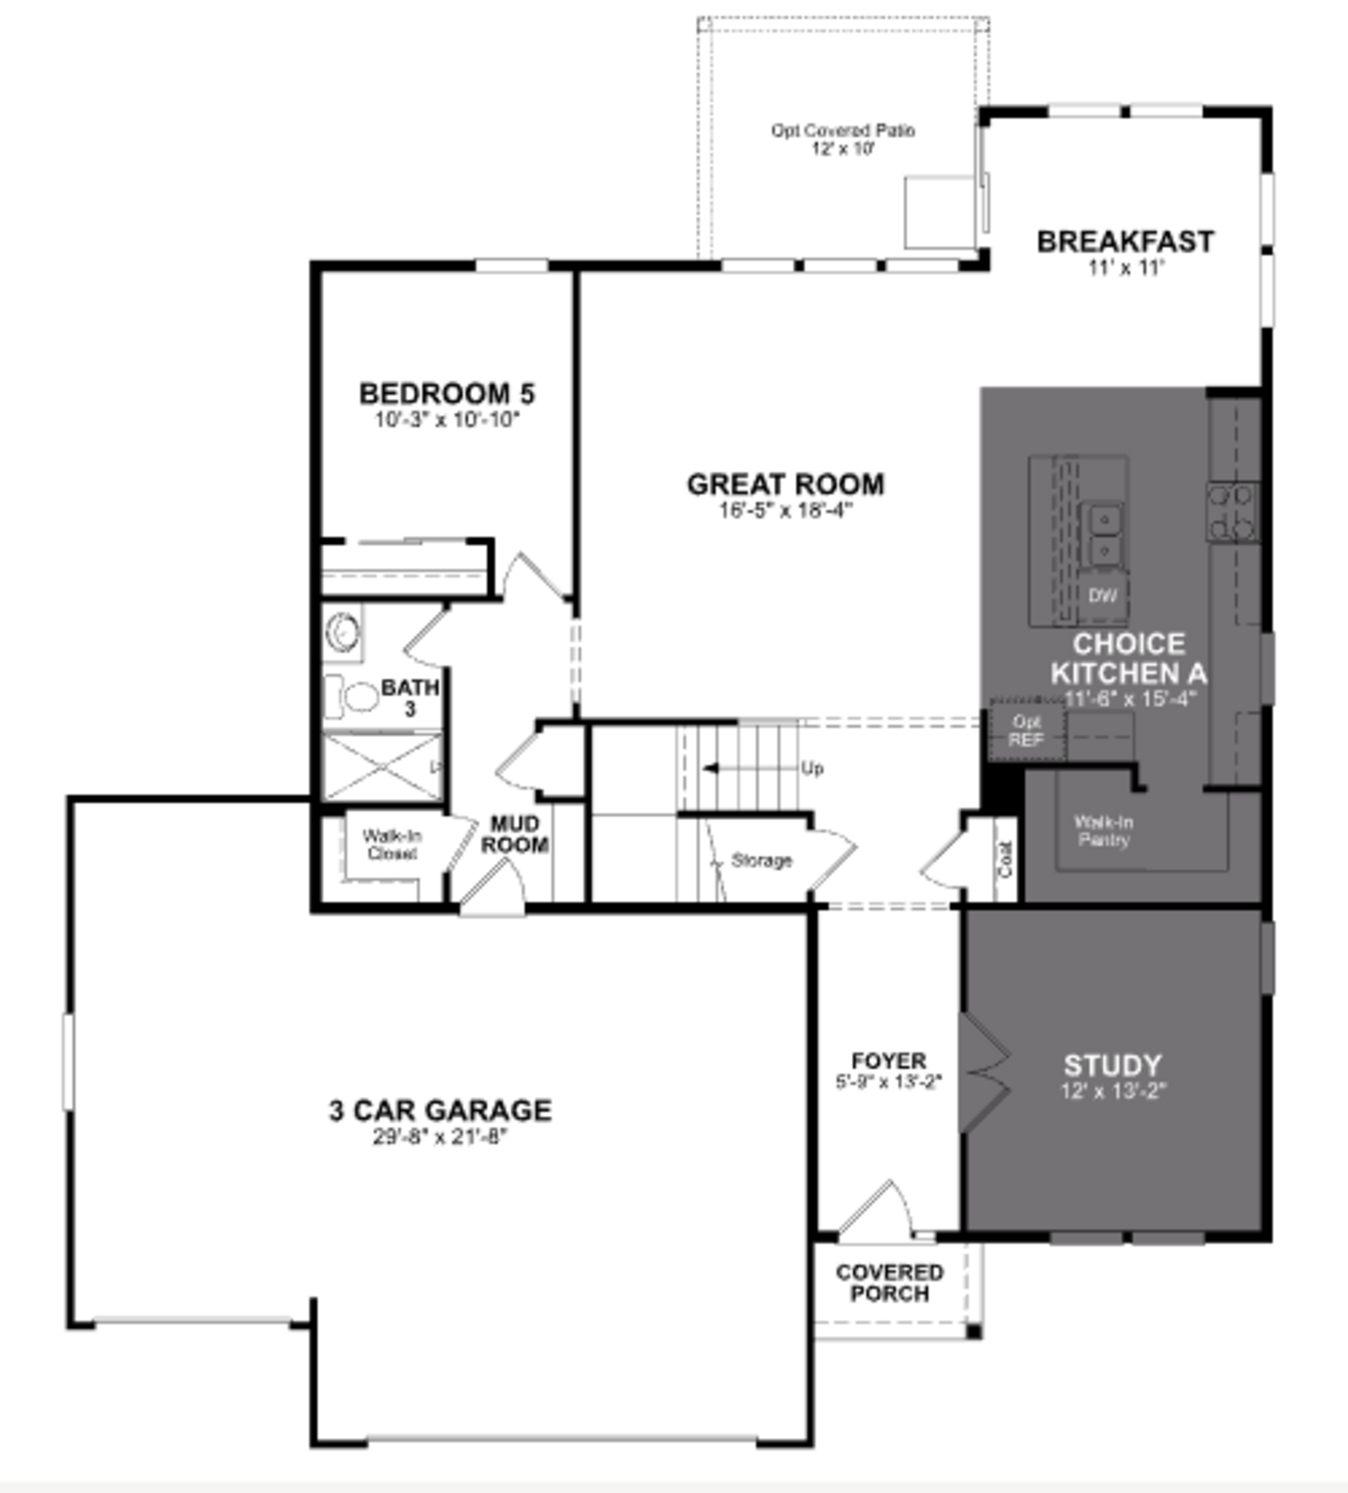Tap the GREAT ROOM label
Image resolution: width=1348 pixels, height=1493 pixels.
[785, 484]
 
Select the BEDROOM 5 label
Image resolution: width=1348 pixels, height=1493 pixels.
[447, 393]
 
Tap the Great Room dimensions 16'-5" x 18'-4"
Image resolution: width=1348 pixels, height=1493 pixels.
[785, 510]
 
